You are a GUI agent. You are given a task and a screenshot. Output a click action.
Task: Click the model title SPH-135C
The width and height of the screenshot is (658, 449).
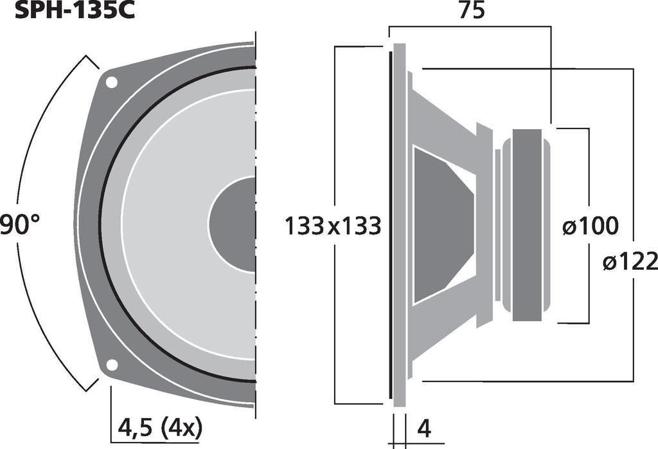tap(67, 11)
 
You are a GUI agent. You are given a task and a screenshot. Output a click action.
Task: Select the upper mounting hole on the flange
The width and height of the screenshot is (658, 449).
tap(112, 82)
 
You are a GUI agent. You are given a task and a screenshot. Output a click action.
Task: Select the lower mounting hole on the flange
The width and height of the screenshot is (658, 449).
tap(112, 365)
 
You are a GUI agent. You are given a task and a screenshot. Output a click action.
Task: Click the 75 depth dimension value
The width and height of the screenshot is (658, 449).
tap(471, 12)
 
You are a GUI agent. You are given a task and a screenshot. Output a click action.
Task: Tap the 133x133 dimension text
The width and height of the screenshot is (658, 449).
tap(333, 226)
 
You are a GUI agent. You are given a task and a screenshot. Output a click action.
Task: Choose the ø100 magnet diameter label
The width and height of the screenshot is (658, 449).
tap(590, 226)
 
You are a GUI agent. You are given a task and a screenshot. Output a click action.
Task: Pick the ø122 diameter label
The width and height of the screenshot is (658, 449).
tap(630, 261)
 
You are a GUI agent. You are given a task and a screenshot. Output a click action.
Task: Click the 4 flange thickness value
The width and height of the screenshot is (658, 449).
tap(423, 427)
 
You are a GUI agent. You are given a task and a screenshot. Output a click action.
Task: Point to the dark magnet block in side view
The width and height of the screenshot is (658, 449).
tap(527, 225)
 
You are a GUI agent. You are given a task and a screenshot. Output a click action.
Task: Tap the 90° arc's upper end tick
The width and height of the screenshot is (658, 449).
tap(91, 62)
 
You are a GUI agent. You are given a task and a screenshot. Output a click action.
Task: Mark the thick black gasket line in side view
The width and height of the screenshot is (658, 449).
tap(389, 225)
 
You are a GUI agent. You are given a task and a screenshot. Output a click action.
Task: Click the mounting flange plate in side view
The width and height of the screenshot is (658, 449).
tap(399, 225)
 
